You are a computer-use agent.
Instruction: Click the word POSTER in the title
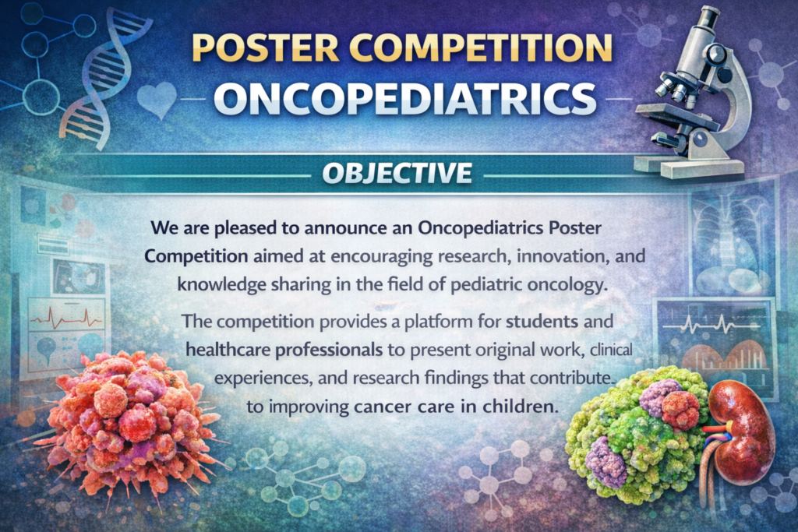click(266, 48)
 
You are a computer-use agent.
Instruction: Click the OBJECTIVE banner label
click(397, 173)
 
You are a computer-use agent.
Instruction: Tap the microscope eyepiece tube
click(704, 28)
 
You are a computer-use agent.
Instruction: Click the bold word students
click(542, 321)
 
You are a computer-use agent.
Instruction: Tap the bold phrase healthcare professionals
click(284, 350)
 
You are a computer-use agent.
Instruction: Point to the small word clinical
click(611, 350)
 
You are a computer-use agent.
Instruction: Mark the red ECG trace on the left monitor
click(66, 319)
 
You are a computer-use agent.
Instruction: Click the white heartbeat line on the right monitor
click(711, 324)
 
